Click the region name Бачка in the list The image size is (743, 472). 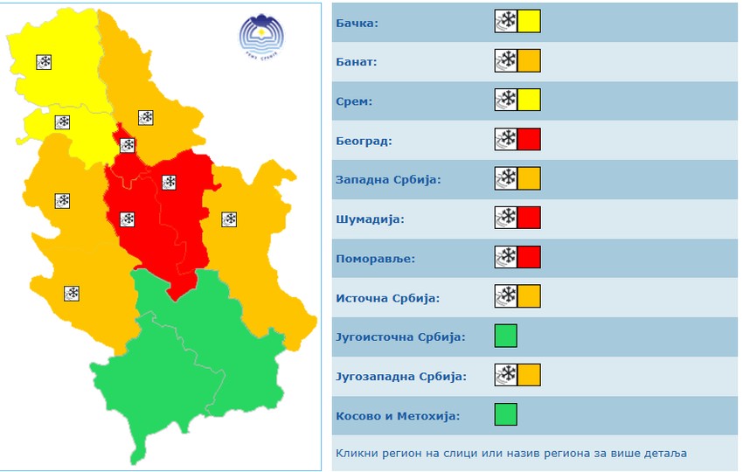pos(357,23)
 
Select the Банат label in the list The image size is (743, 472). pos(357,62)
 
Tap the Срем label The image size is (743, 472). pos(354,101)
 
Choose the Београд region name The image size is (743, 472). pos(364,141)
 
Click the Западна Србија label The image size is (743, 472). pos(388,180)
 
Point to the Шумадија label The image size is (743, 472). pos(370,219)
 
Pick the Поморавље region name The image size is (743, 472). pos(375,259)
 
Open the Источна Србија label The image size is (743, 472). pos(387,298)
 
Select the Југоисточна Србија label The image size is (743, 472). pos(400,337)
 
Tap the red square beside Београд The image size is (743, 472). pos(529,140)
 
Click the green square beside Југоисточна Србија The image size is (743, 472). pos(505,336)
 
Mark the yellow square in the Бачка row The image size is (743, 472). pos(529,22)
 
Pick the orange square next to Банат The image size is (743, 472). pos(529,61)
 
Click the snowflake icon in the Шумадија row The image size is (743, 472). pos(505,218)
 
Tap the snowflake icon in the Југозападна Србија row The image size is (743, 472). pos(505,375)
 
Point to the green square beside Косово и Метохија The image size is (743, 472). pos(505,414)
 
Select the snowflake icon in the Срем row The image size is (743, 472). pos(505,101)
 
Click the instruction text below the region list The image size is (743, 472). pos(510,454)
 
